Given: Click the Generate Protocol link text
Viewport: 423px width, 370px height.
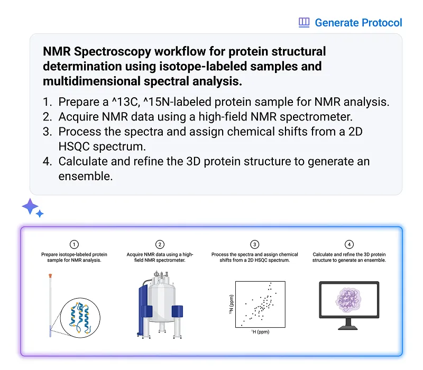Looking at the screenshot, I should [x=358, y=23].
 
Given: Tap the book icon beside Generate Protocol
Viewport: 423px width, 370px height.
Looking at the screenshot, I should [x=304, y=23].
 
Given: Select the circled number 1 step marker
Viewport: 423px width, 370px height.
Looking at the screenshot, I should [x=74, y=244].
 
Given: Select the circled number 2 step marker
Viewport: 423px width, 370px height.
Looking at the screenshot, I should [x=160, y=244].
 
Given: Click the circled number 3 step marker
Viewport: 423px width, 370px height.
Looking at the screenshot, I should [x=255, y=244].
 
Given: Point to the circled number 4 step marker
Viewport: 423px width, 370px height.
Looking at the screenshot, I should [x=349, y=244].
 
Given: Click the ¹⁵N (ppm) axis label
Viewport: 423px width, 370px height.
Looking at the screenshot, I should [x=231, y=304].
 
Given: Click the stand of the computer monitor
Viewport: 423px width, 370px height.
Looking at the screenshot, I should [x=348, y=323].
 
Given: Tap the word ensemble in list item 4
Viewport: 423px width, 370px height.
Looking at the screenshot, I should [x=86, y=176].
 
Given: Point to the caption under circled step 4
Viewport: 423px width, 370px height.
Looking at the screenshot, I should [x=349, y=257].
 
